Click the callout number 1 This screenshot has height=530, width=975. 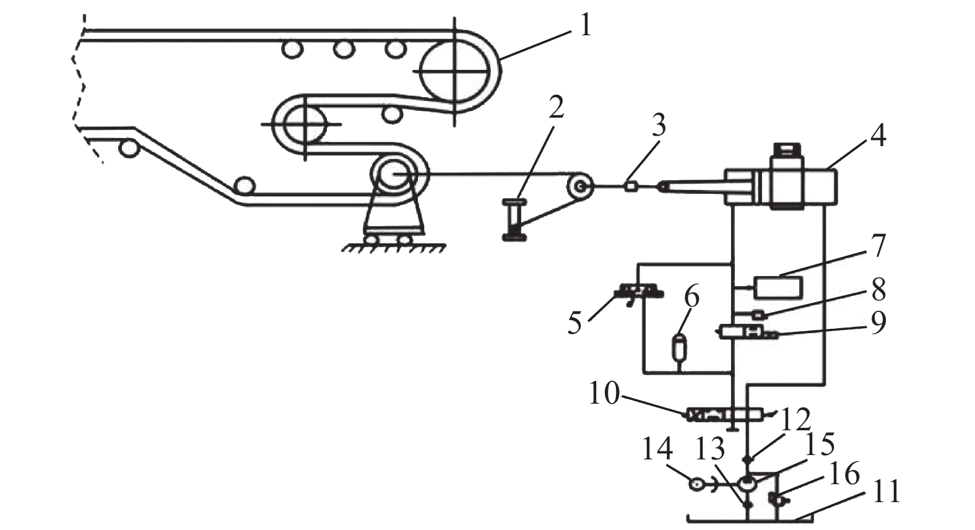[585, 26]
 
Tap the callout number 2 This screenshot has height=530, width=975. [555, 106]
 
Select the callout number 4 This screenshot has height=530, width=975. [878, 136]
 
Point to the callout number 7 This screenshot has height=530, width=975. [878, 246]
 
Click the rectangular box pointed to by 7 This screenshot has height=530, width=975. [778, 287]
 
